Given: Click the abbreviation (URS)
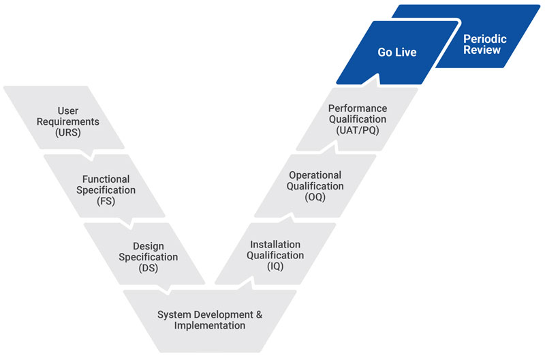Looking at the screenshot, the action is point(67,132).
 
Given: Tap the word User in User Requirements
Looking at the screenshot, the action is point(67,110).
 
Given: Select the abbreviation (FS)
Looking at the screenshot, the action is point(106,201).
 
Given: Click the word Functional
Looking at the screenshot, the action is point(106,179).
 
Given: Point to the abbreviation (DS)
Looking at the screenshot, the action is point(149,268).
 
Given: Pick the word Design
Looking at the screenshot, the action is point(149,246).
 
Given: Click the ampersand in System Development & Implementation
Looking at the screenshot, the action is point(259,314).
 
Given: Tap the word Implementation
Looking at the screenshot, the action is point(210,325).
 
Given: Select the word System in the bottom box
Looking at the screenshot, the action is point(170,315).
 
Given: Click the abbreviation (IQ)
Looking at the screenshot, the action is point(275,267).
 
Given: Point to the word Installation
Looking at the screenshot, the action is point(275,245).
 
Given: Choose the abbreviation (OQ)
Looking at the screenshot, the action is point(315,197).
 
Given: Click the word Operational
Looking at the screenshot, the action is point(315,175).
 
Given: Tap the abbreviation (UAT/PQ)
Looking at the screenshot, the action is point(358,130).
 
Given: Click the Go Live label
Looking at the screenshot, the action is point(397,52).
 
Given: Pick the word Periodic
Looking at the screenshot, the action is point(485,39).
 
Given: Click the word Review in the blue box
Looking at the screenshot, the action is point(482,50).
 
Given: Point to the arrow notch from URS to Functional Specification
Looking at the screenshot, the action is point(92,155).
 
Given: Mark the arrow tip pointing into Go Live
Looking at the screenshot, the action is point(378,75).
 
